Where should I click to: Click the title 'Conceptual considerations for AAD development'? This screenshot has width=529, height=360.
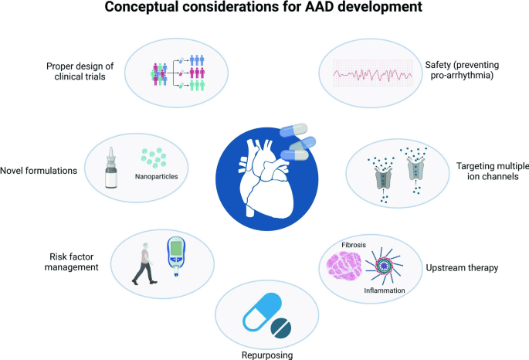tap(263, 12)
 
